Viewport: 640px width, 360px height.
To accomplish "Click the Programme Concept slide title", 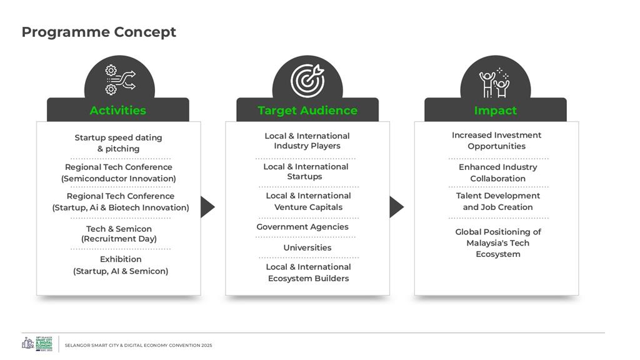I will (99, 32).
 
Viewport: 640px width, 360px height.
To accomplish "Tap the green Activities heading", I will (117, 111).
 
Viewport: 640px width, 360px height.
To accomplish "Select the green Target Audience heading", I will (307, 111).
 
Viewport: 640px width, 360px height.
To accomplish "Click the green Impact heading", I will (495, 111).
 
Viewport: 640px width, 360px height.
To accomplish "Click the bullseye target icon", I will (307, 80).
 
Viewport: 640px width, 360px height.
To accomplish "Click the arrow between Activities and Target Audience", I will (207, 207).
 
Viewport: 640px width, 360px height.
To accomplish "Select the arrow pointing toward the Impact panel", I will (396, 207).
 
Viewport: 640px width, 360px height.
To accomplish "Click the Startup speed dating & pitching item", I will (118, 143).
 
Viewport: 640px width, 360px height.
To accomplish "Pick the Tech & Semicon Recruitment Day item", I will (119, 234).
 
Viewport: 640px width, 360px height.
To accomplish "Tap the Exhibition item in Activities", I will (121, 265).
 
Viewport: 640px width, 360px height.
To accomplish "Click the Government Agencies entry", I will (302, 227).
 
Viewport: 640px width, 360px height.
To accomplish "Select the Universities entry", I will (307, 247).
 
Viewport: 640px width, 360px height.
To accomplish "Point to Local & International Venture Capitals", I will (308, 201).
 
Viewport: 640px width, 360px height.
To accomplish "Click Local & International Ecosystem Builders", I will (308, 272).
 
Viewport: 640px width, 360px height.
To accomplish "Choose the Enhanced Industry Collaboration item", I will (497, 172).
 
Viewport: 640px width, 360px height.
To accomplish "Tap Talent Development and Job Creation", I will (497, 201).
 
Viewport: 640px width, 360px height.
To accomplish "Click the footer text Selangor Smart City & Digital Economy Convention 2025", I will (138, 345).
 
